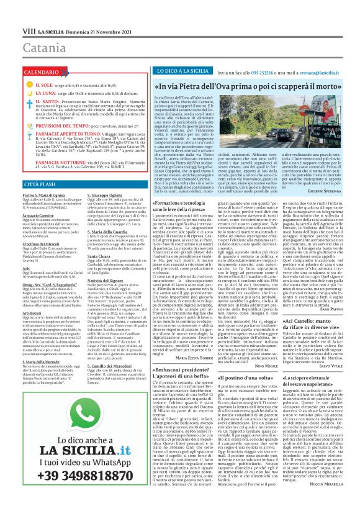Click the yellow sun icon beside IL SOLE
pos(13,84)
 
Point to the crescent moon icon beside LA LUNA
pos(13,93)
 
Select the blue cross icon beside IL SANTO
pos(13,101)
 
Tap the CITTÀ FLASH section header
pos(25,184)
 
